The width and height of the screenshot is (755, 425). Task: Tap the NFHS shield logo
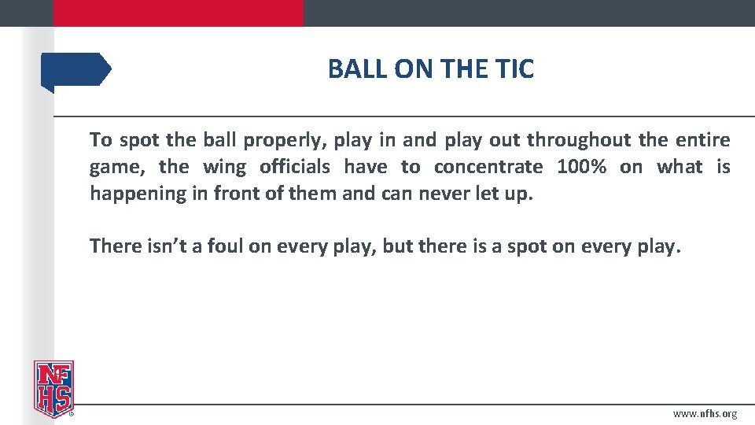click(53, 388)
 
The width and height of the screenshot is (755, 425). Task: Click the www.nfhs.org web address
click(705, 414)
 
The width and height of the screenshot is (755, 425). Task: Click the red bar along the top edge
click(178, 13)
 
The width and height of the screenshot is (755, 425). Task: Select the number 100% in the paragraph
click(581, 167)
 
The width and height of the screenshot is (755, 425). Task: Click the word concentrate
click(488, 167)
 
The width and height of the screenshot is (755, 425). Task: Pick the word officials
click(295, 167)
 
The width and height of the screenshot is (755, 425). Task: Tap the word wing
click(224, 167)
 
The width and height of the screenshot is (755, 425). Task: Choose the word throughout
click(579, 141)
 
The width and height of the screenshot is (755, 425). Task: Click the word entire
click(703, 141)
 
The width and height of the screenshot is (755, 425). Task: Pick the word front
click(239, 194)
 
